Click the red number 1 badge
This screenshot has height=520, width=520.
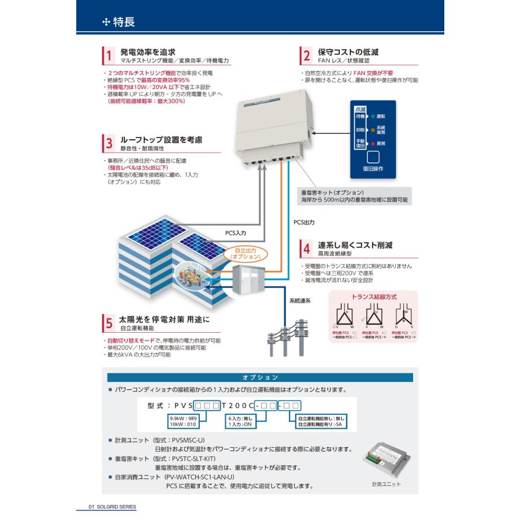coord(107,55)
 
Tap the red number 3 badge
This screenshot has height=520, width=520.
coord(107,143)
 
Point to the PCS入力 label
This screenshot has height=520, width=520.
coord(235,232)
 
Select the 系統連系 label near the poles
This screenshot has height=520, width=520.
coord(300,300)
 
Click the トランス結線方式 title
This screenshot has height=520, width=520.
coord(374,297)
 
